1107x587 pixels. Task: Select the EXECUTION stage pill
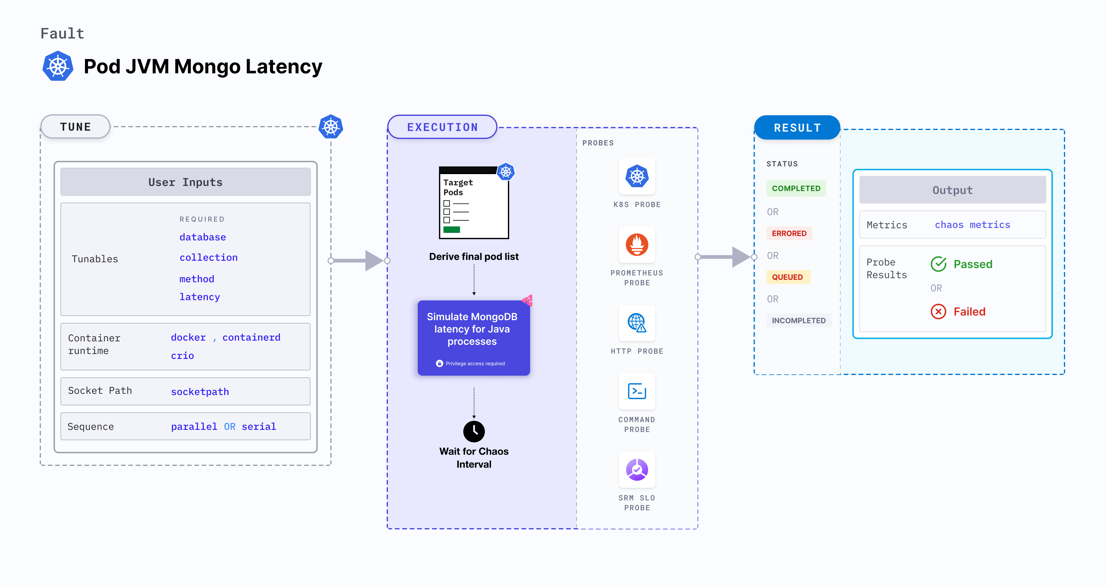click(442, 127)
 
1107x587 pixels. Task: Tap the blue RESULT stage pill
click(797, 128)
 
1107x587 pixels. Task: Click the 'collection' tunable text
click(208, 258)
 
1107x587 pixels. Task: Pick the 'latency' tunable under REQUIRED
click(199, 297)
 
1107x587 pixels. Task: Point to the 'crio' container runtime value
click(182, 356)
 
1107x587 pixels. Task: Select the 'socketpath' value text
click(200, 392)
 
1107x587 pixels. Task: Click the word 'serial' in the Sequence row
click(259, 426)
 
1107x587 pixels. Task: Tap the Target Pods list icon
click(473, 202)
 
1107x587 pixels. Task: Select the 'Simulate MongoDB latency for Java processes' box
click(473, 338)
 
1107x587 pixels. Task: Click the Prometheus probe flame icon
click(637, 245)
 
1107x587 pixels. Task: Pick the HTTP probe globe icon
click(637, 323)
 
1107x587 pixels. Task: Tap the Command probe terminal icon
click(637, 391)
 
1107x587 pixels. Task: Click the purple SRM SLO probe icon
click(637, 470)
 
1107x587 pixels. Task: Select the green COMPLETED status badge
click(796, 188)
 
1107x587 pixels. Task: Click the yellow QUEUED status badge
click(787, 277)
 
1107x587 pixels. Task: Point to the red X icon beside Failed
click(938, 311)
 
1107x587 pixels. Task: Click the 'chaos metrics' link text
click(972, 225)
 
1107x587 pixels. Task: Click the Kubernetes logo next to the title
click(58, 66)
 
